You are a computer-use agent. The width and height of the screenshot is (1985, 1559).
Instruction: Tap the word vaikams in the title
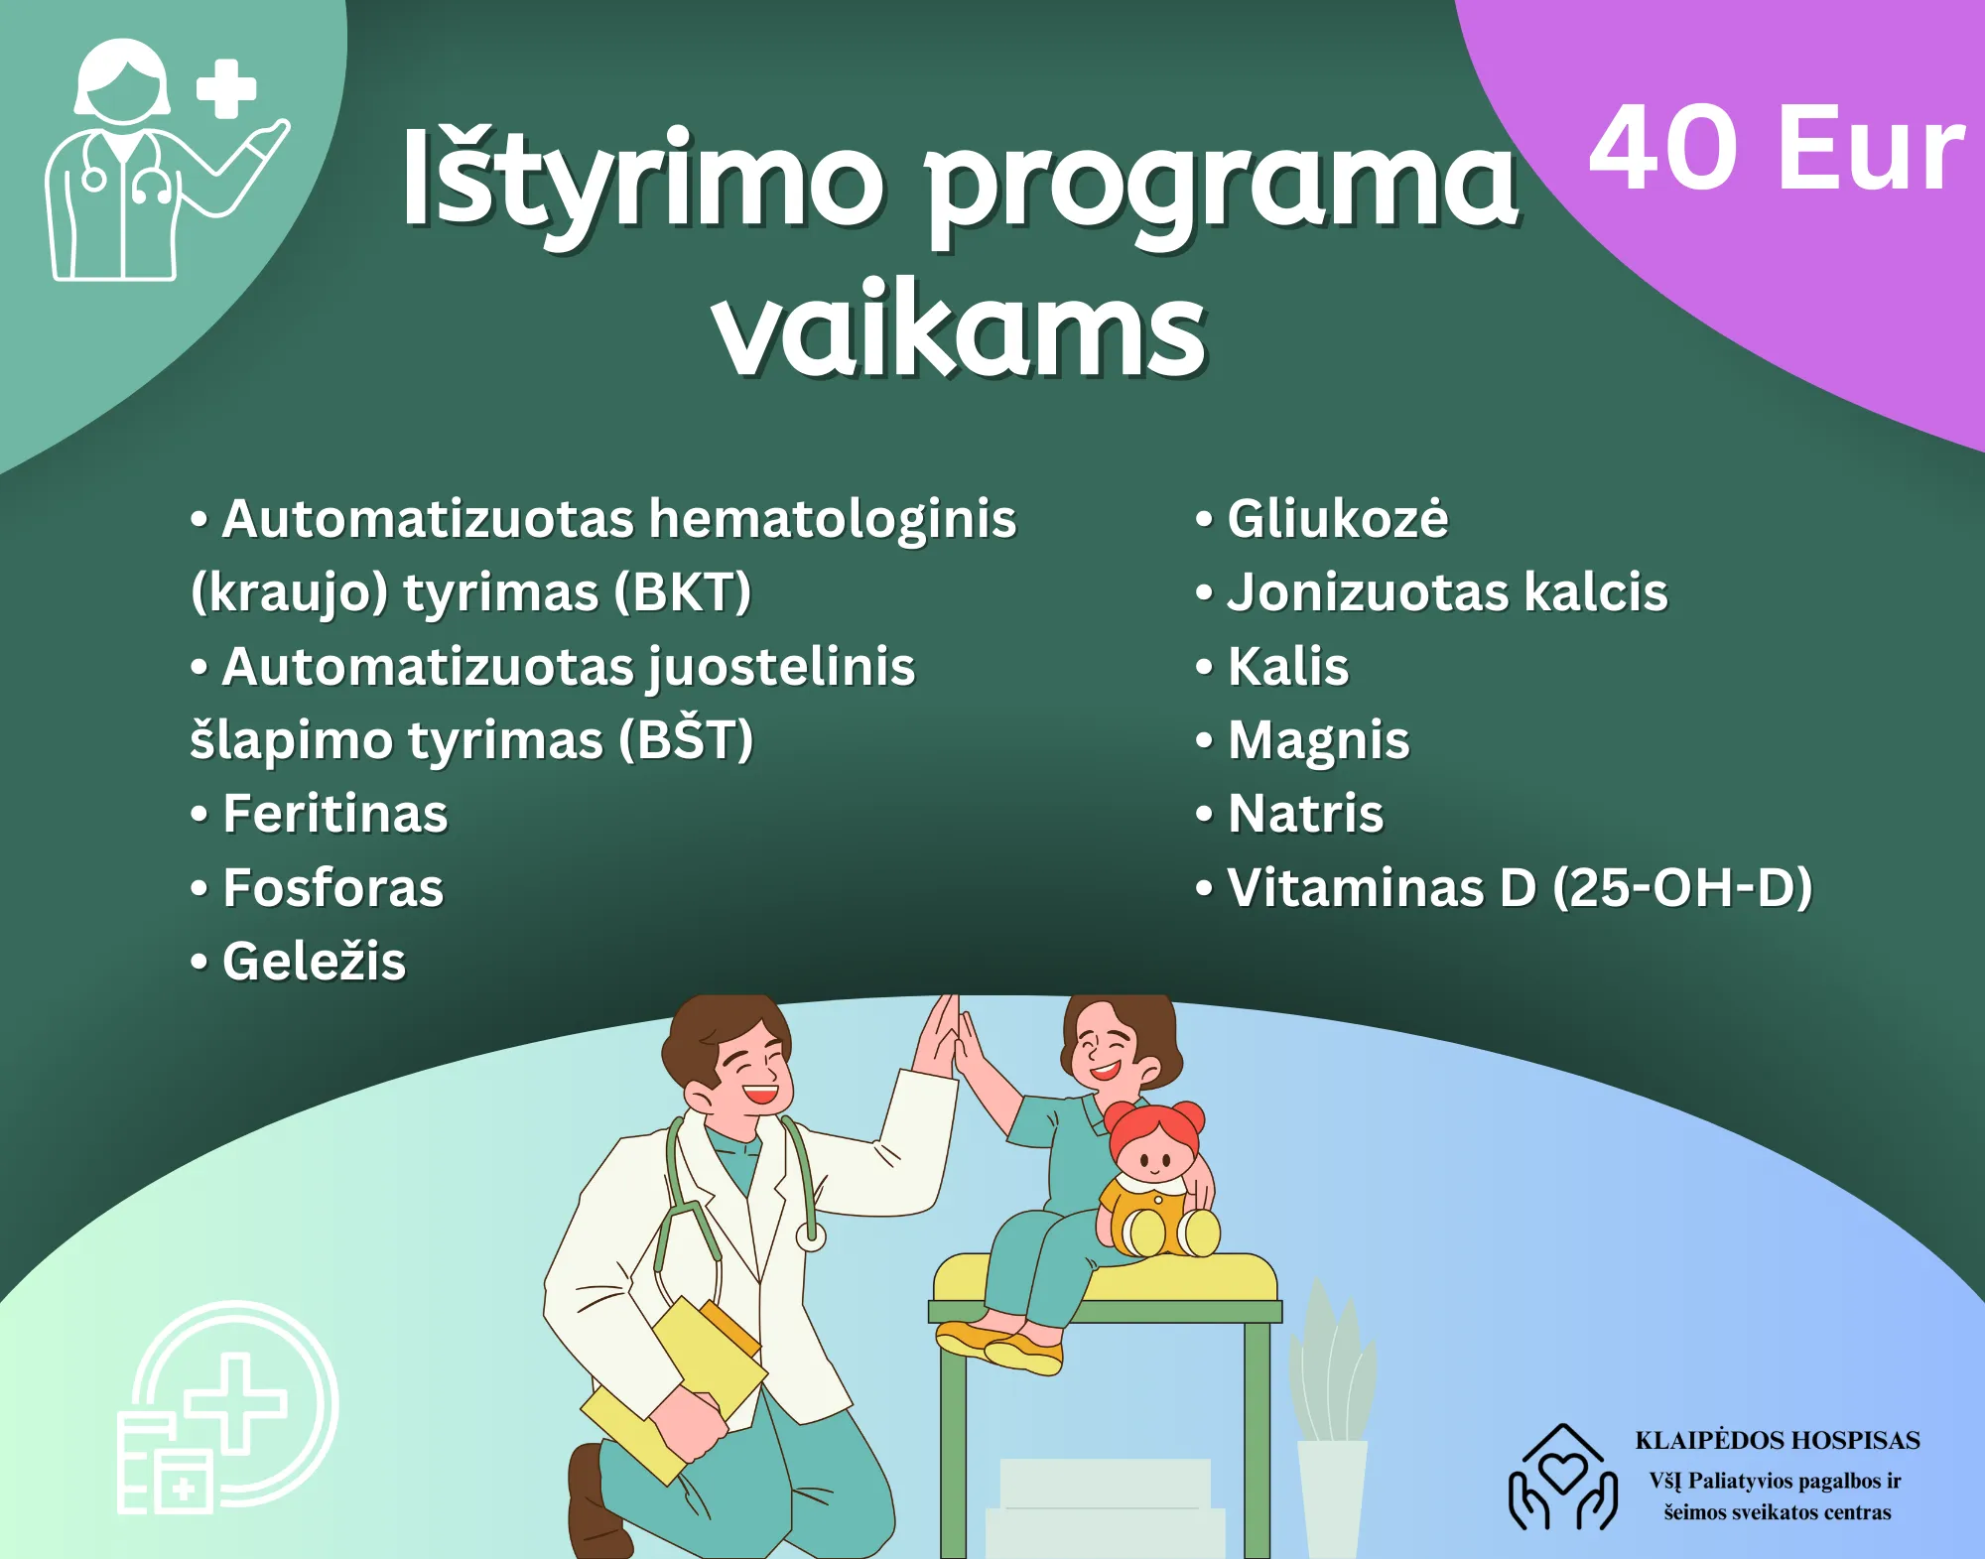pyautogui.click(x=960, y=329)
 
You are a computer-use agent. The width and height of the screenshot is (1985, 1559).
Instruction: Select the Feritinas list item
pyautogui.click(x=320, y=814)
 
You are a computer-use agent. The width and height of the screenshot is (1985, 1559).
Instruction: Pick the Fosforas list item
pyautogui.click(x=318, y=887)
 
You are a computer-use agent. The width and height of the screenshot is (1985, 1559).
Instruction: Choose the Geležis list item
pyautogui.click(x=299, y=961)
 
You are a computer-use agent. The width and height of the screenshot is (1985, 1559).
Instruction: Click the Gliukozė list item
pyautogui.click(x=1322, y=518)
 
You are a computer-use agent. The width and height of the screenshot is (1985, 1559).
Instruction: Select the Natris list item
pyautogui.click(x=1289, y=814)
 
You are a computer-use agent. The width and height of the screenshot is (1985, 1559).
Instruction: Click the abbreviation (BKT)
pyautogui.click(x=682, y=592)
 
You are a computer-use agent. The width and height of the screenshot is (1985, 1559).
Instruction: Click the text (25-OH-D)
pyautogui.click(x=1682, y=887)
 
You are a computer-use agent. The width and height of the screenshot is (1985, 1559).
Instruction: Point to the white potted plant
pyautogui.click(x=1332, y=1419)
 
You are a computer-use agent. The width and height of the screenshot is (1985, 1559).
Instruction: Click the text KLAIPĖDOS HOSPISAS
pyautogui.click(x=1778, y=1440)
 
